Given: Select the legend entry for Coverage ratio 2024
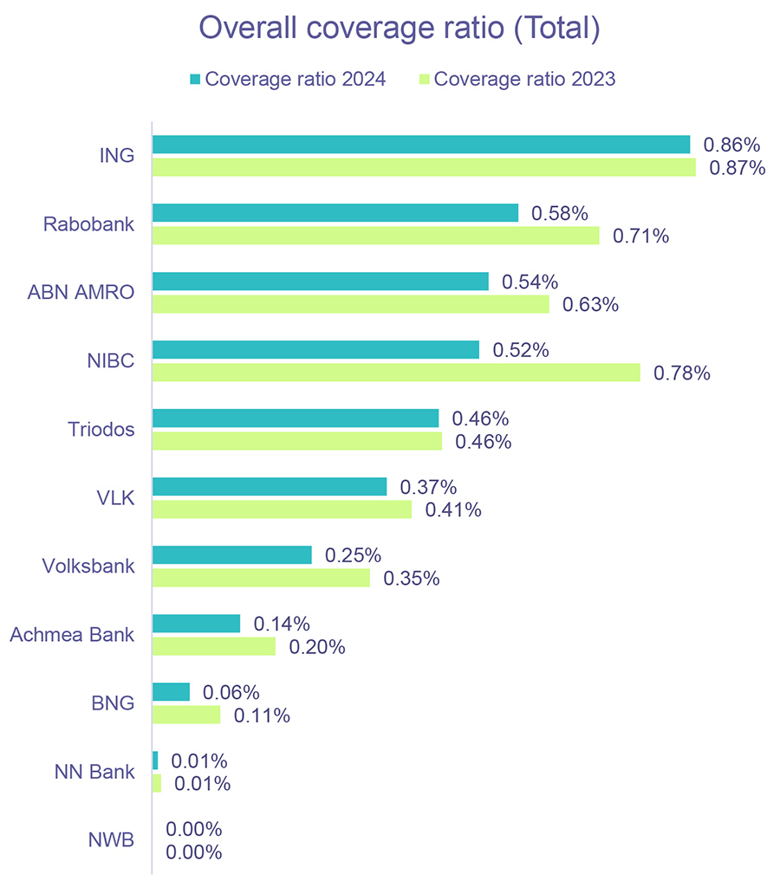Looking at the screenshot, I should pos(287,79).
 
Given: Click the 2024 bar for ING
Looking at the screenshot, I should pos(421,145).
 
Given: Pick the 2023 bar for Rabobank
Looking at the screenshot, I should pos(376,236).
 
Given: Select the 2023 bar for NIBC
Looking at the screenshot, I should pos(396,372).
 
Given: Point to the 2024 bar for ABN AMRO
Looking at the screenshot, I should pos(321,282).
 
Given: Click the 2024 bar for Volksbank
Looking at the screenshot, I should pos(232,555).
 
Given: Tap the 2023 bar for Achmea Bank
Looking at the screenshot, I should pos(214,646).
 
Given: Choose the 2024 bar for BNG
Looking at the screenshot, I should pos(172,692).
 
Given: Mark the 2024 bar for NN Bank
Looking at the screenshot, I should pos(156,761).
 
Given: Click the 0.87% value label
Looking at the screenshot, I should pos(737,168).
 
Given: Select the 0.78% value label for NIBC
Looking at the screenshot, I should pos(681,373).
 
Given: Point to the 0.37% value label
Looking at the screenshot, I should pos(428,487).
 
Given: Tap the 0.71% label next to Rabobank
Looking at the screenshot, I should pos(640,236).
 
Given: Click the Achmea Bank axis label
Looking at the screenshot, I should pos(72,635).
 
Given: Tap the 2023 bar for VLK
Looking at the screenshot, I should pos(283,509).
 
